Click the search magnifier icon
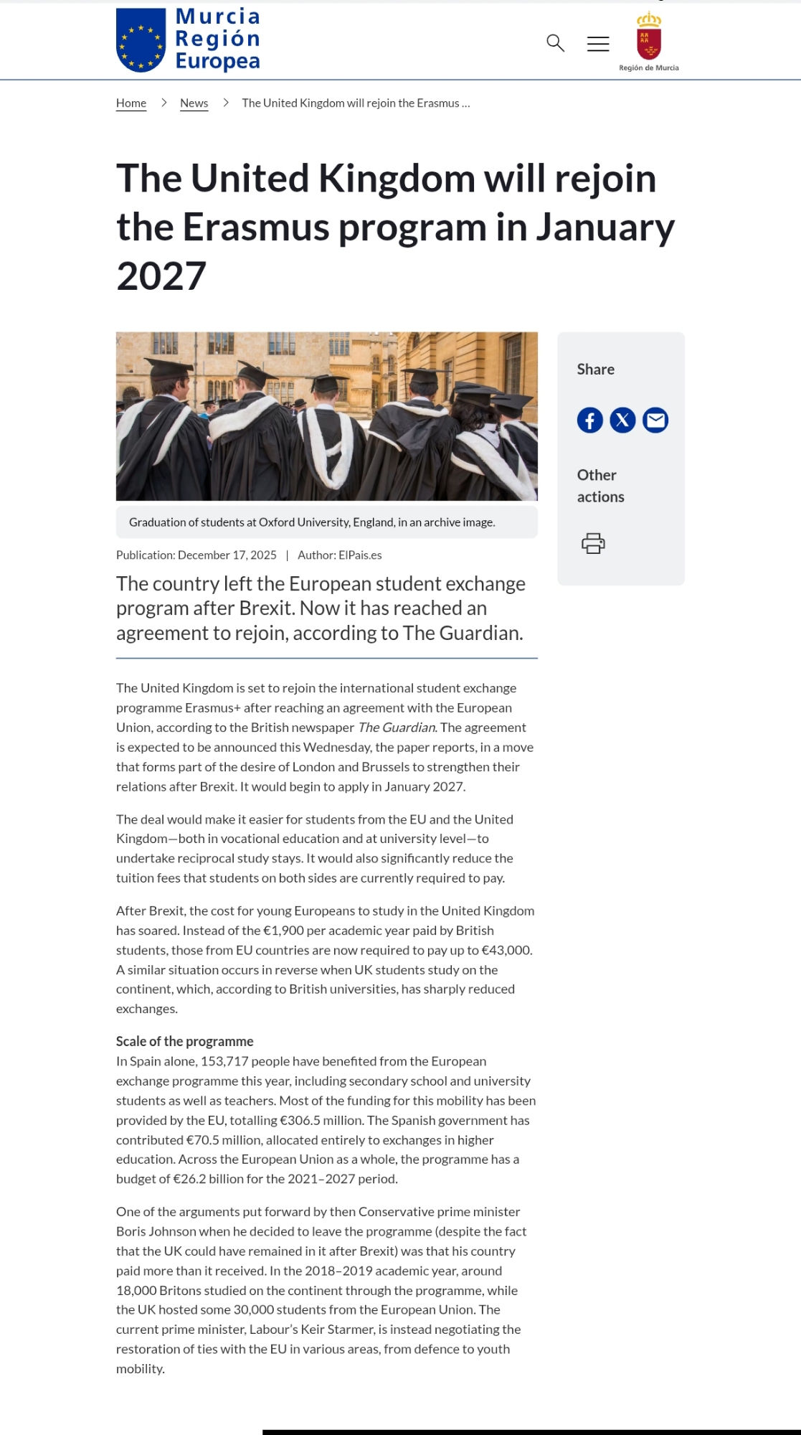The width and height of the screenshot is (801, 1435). pos(555,43)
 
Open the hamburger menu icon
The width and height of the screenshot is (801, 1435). pos(598,44)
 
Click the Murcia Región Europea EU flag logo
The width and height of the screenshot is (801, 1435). pos(141,40)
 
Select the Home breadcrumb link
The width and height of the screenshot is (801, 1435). pos(131,103)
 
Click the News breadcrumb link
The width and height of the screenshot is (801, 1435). pos(194,103)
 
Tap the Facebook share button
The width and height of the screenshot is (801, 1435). pos(590,420)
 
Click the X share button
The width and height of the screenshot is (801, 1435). pos(622,420)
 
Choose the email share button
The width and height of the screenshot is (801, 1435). pos(655,420)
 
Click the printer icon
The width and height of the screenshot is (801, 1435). pos(593,543)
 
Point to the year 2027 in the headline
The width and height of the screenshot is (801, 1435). pos(161,276)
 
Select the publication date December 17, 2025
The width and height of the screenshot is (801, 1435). pos(227,555)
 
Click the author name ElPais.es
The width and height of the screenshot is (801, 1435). pos(360,555)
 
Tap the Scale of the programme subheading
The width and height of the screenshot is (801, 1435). pos(185,1041)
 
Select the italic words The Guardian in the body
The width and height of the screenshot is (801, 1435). pos(397,728)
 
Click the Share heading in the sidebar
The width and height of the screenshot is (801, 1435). pos(596,370)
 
